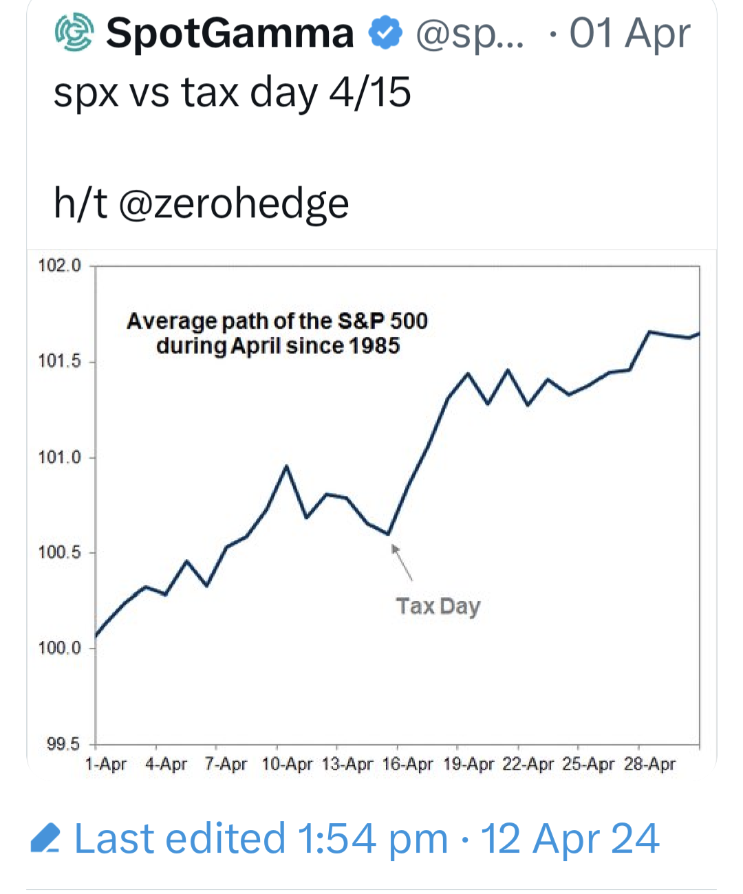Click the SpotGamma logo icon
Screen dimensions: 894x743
74,33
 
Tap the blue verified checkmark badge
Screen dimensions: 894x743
385,33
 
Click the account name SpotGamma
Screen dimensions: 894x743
230,33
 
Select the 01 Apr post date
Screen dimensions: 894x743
629,33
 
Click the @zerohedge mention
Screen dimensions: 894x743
234,204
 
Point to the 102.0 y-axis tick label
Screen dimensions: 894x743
59,265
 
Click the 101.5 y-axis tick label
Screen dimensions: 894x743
59,361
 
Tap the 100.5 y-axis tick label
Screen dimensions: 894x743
59,552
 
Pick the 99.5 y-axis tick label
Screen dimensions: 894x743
63,744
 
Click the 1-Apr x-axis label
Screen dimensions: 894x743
105,764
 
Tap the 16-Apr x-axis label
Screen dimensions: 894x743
407,764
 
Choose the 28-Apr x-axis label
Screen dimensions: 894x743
649,764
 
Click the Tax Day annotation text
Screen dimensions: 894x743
438,607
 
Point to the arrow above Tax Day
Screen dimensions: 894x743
402,562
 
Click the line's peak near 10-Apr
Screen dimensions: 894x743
286,466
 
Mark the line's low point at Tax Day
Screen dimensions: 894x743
389,534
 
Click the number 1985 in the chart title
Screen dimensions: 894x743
374,345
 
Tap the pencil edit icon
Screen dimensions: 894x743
45,839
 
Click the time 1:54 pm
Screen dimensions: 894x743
372,839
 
